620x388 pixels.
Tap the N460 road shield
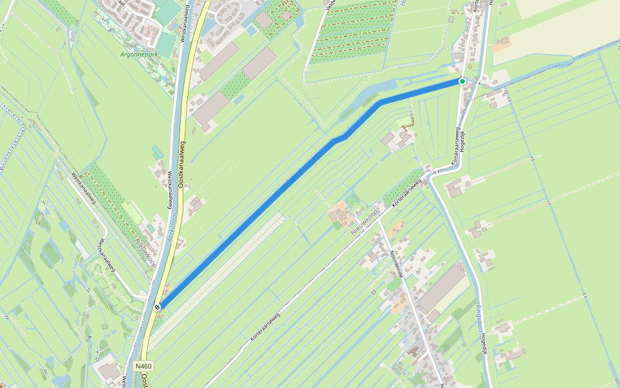[x=143, y=366]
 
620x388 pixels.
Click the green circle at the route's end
[x=462, y=81]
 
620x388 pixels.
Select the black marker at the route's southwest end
[x=158, y=307]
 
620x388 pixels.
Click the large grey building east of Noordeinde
[x=443, y=288]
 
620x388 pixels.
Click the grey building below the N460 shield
[x=109, y=371]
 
